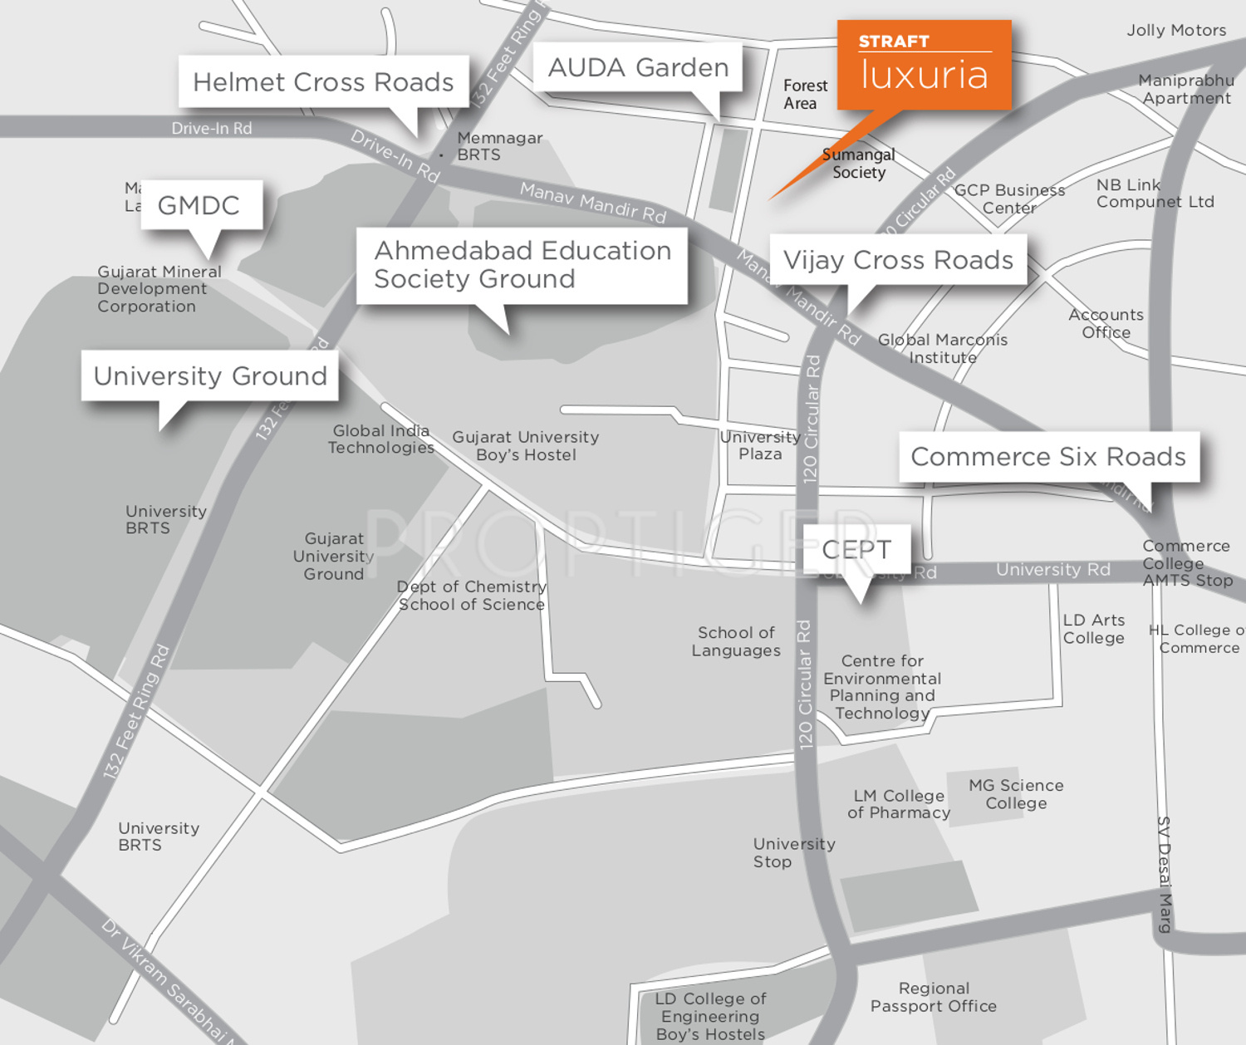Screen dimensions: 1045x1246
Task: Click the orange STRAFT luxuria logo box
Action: pos(924,65)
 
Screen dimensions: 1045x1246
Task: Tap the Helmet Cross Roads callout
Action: pos(323,81)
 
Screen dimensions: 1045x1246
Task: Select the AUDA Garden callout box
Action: pos(638,67)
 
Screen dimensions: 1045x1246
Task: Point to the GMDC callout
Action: pos(199,205)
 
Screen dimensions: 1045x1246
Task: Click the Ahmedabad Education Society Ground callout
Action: pos(522,265)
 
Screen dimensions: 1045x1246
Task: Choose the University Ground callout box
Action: pos(210,376)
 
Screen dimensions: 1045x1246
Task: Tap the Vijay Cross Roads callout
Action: pos(898,260)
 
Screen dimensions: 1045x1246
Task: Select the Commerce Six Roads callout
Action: pos(1048,456)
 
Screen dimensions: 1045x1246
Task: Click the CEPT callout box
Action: pos(856,549)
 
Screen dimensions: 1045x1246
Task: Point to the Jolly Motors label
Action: pos(1176,30)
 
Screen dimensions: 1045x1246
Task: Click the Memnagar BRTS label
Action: pos(499,146)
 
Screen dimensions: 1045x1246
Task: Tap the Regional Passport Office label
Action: pos(934,997)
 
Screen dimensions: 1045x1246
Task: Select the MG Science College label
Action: pos(1016,794)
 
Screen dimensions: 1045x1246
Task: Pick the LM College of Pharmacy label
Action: pos(899,804)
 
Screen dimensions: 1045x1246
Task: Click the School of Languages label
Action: pos(736,641)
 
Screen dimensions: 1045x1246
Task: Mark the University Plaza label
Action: pos(760,445)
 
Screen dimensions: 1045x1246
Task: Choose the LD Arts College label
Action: pos(1094,629)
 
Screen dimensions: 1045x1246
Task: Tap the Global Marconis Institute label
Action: pos(943,348)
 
